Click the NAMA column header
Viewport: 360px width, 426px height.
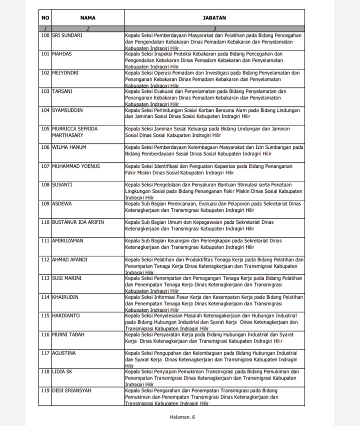[87, 18]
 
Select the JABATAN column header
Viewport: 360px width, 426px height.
[214, 18]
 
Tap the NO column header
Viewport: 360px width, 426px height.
[45, 18]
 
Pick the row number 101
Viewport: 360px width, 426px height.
[45, 53]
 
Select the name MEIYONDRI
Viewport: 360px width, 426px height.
[65, 72]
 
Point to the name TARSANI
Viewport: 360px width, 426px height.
[63, 91]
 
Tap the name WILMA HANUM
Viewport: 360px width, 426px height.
[69, 147]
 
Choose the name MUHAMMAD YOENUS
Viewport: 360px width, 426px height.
[76, 166]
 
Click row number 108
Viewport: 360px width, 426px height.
[45, 185]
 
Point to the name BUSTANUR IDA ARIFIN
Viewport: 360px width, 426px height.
[78, 222]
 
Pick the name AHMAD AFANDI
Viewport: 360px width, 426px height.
[69, 259]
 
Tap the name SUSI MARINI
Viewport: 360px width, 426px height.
[67, 278]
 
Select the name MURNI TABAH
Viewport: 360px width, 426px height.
[69, 334]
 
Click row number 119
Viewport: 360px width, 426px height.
[45, 390]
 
